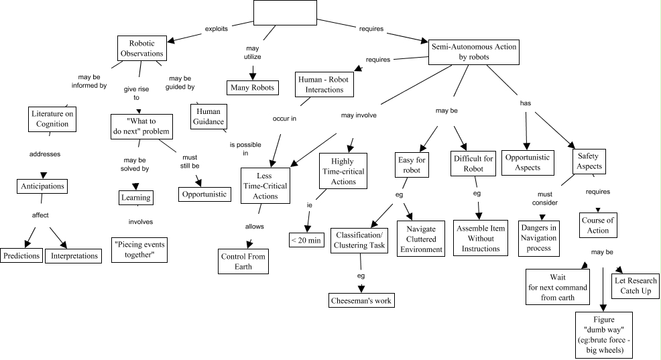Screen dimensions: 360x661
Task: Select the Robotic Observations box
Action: pos(141,48)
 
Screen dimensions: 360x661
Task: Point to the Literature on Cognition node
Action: pos(52,119)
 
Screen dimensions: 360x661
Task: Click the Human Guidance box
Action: pos(209,117)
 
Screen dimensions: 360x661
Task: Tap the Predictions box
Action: pos(21,255)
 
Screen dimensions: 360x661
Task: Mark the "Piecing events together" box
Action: pos(139,249)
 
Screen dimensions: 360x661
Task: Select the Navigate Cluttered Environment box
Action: pos(421,239)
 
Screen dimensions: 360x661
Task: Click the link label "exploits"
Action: pos(217,29)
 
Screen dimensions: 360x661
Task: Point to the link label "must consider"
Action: pos(545,197)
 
